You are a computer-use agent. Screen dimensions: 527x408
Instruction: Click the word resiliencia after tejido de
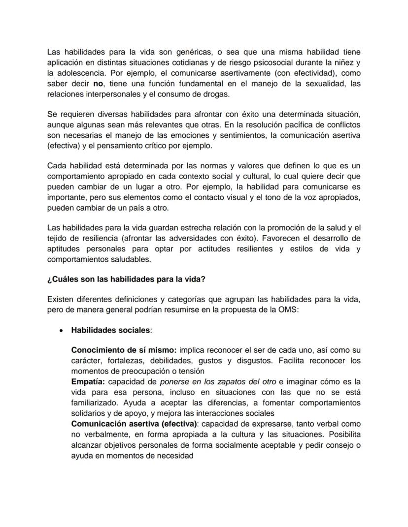(99, 238)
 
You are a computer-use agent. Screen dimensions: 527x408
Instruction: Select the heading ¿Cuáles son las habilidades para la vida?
(126, 279)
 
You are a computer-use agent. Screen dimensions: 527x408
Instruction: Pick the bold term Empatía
(88, 382)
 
